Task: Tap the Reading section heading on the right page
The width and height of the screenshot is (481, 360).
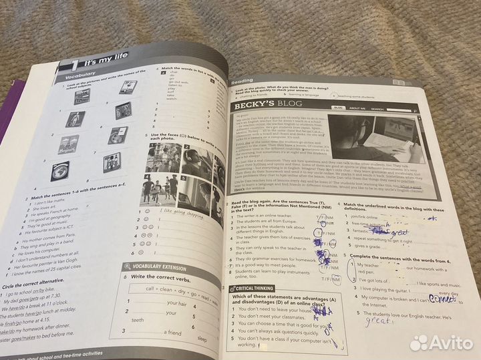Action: point(242,81)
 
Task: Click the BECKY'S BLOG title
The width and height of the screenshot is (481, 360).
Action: point(267,105)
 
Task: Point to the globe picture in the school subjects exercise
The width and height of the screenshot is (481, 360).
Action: point(59,171)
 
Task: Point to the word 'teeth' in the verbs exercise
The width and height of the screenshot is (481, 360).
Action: point(138,321)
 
